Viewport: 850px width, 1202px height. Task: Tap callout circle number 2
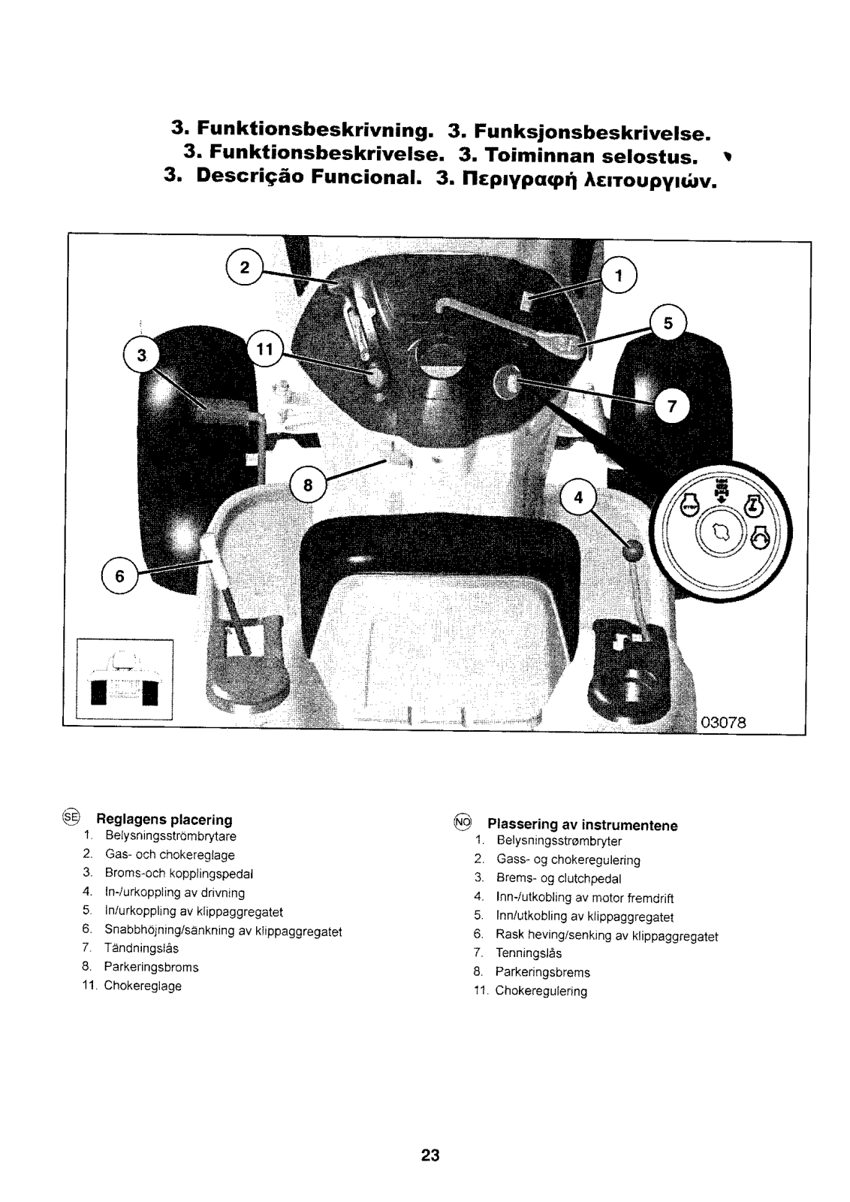pos(244,268)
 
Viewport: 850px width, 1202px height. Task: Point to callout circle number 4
pos(578,498)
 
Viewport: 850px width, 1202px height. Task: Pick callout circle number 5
pos(668,323)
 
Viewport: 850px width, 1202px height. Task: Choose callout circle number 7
pos(672,406)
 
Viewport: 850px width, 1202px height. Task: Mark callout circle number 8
pos(308,485)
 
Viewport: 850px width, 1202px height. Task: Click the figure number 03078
pos(722,723)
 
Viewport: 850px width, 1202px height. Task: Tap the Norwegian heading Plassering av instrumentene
pos(583,825)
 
